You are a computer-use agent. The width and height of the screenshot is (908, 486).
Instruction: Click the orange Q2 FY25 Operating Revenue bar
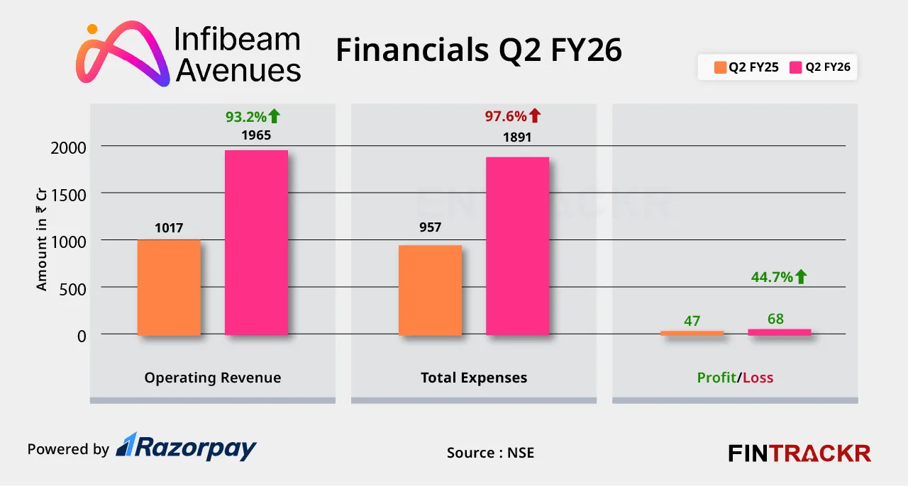click(x=169, y=287)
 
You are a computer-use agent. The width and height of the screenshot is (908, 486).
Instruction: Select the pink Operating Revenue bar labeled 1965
click(x=256, y=242)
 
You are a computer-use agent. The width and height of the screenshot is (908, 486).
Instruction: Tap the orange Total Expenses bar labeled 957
click(x=430, y=290)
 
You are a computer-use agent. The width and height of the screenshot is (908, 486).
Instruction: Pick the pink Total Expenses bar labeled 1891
click(x=517, y=246)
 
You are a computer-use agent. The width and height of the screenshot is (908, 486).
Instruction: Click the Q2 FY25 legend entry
click(x=746, y=68)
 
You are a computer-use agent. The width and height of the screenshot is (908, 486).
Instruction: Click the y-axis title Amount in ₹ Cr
click(x=42, y=241)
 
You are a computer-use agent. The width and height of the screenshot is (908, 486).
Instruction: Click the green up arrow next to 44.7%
click(x=801, y=277)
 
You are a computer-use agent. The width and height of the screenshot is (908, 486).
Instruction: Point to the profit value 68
click(x=775, y=319)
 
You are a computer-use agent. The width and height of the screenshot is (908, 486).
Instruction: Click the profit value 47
click(x=692, y=321)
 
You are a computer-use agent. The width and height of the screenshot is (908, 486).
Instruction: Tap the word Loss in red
click(x=758, y=378)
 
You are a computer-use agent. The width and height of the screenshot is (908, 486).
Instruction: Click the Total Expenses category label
click(x=474, y=378)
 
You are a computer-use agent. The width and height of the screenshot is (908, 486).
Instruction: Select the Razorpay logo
click(x=186, y=447)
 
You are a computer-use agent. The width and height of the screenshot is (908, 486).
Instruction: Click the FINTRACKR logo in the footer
click(x=799, y=453)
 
